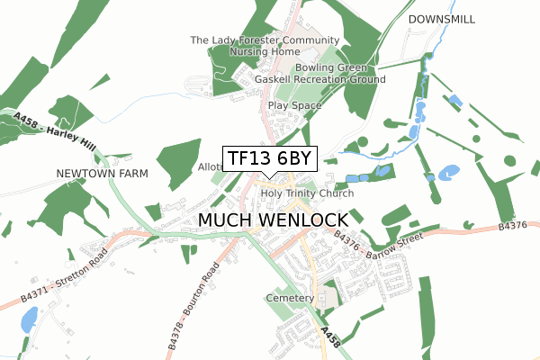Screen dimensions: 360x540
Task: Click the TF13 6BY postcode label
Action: (x=269, y=159)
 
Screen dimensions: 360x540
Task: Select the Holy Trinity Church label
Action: (x=307, y=193)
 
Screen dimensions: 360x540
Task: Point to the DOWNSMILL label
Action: (x=442, y=19)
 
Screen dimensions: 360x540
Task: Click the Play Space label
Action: (x=294, y=105)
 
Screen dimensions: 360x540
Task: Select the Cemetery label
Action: (x=290, y=298)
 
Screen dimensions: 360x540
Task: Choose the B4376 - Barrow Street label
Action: (x=377, y=245)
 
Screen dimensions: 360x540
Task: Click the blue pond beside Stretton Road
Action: (x=28, y=318)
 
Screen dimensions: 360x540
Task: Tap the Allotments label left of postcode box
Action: (x=210, y=167)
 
